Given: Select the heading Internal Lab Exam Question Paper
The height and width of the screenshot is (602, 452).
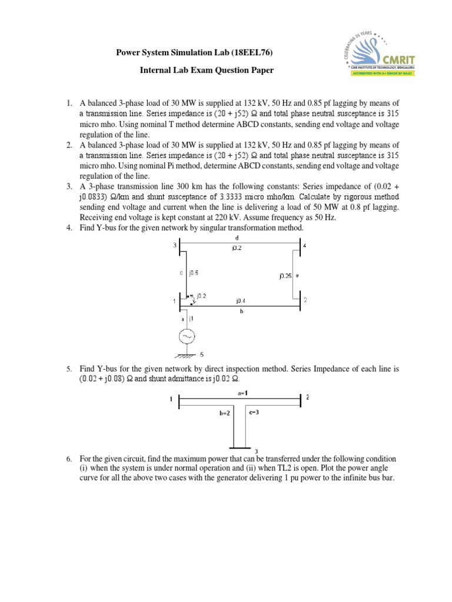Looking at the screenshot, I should click(x=207, y=71).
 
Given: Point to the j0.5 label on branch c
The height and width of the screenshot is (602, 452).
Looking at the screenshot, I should click(x=193, y=273).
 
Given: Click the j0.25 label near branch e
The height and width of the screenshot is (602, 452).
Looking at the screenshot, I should click(x=285, y=275).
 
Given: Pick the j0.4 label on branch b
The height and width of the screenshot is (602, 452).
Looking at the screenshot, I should click(x=241, y=300).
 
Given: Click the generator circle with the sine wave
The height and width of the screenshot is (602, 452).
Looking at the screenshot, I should click(x=187, y=337).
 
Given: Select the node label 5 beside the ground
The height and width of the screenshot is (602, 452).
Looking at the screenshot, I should click(x=203, y=355).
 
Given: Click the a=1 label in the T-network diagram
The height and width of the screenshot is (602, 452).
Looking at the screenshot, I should click(x=242, y=392).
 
